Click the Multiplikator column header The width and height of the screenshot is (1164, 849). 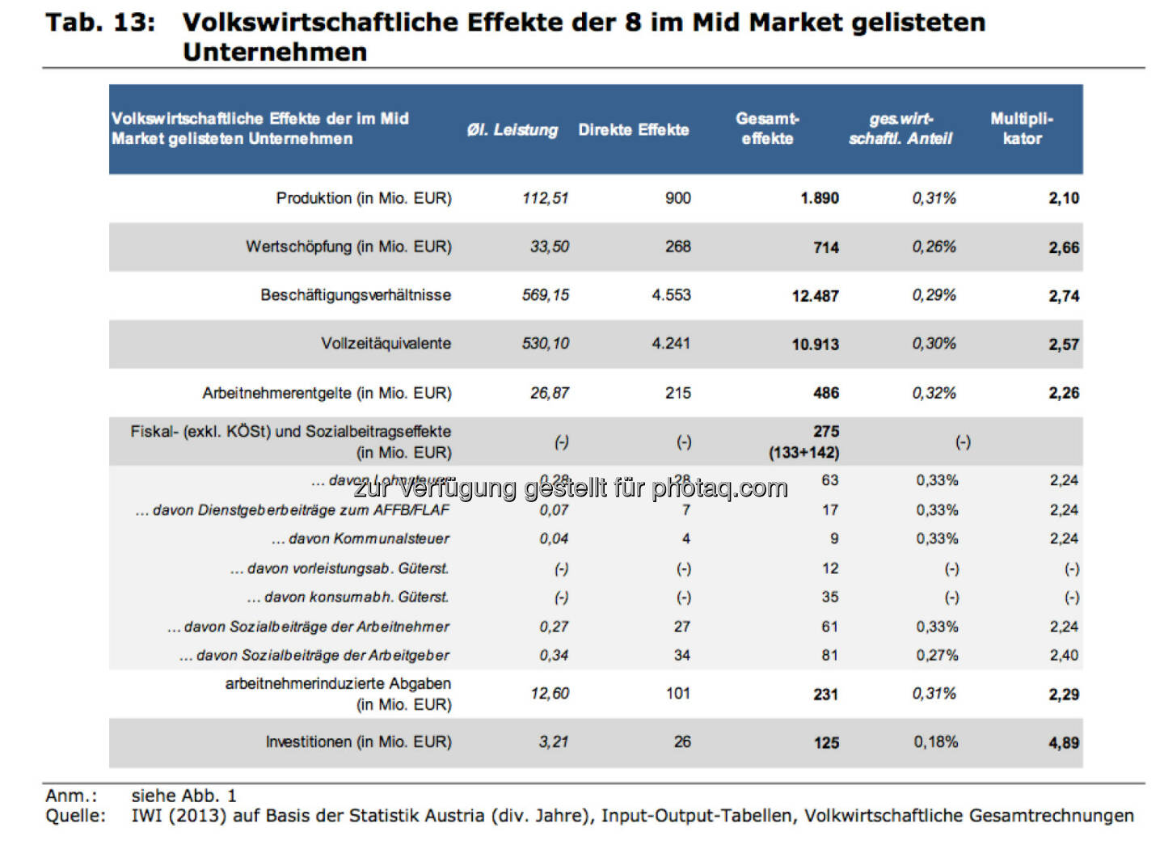[1022, 129]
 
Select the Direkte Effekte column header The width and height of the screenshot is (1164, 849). [633, 130]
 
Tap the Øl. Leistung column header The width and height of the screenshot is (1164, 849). [512, 130]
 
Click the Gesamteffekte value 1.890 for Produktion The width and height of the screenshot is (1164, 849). [819, 198]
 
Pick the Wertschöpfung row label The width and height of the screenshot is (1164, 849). [348, 247]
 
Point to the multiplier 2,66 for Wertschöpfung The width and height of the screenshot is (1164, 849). [1063, 247]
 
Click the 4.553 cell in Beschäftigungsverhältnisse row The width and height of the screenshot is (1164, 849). [671, 295]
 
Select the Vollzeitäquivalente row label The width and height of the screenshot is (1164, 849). [386, 344]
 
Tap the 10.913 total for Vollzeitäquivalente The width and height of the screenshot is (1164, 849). [815, 344]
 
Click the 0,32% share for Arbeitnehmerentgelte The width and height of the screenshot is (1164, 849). [934, 393]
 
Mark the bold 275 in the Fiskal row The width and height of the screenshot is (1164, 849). [825, 432]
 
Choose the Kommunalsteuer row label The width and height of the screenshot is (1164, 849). [361, 539]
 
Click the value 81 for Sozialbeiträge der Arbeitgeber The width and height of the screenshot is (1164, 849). [829, 655]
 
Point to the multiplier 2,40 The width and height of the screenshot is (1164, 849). [1063, 655]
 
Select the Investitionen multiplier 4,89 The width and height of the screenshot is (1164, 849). [1063, 742]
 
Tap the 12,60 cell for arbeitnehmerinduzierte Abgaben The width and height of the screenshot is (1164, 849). [550, 694]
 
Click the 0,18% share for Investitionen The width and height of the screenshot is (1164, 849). [935, 741]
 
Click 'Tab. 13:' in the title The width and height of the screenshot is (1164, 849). [100, 23]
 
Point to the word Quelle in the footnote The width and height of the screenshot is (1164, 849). [75, 816]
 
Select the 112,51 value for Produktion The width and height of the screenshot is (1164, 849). [545, 198]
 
